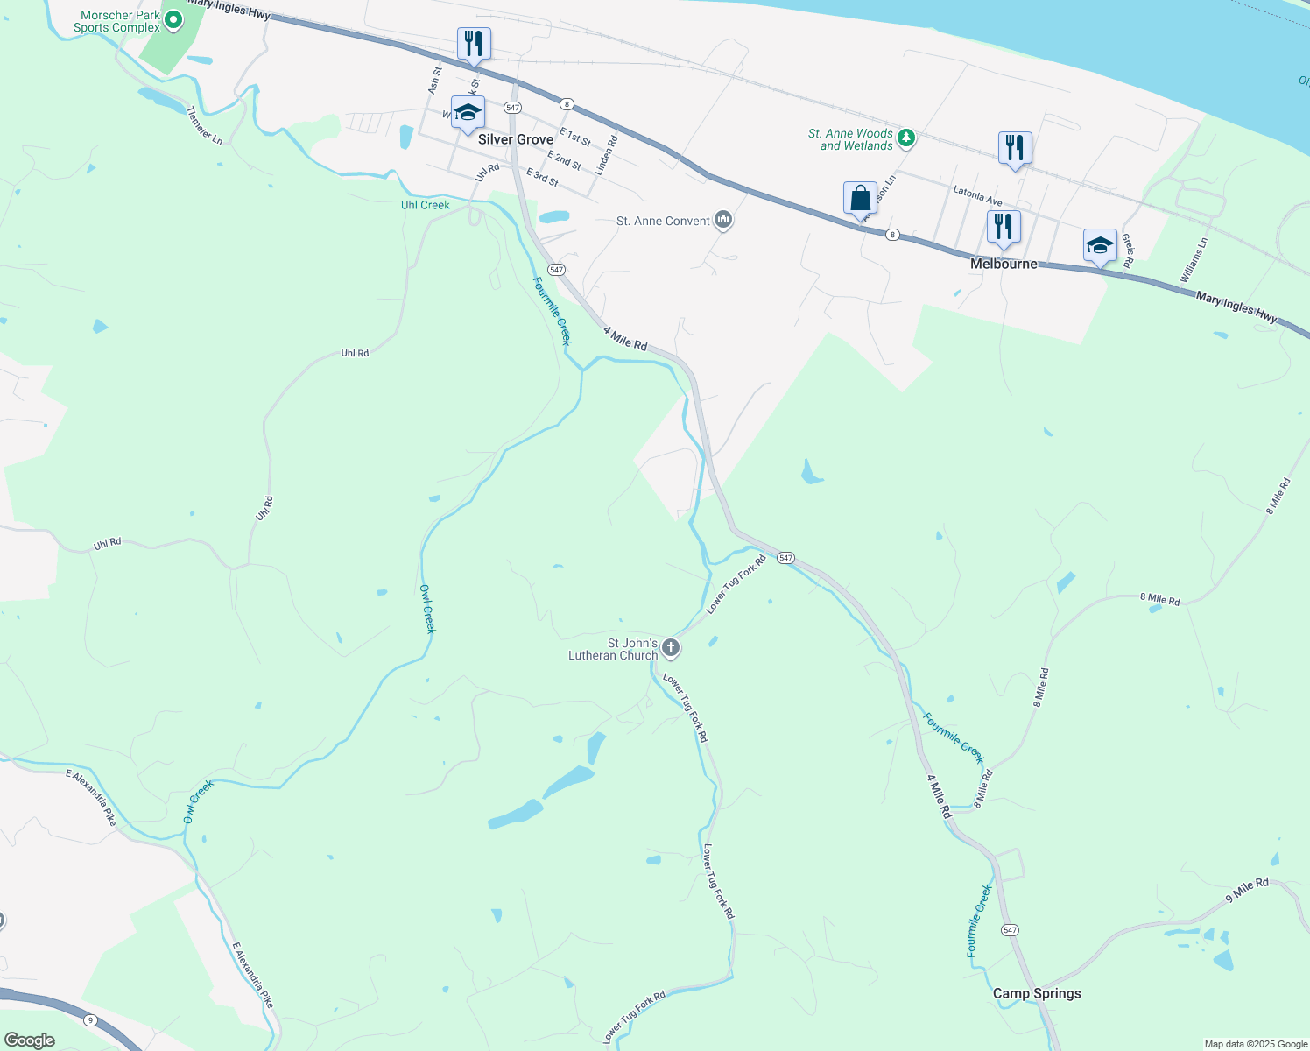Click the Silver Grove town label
(516, 139)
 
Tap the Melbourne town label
(1004, 264)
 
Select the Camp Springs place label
(1037, 993)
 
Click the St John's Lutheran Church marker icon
(671, 648)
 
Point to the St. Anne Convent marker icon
(723, 219)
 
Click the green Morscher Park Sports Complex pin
(173, 19)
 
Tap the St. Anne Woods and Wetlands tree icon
(906, 138)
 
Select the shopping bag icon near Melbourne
(860, 198)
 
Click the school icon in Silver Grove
(468, 113)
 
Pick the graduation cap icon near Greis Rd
(1100, 245)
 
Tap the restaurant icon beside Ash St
(474, 43)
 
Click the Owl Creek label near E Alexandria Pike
(199, 801)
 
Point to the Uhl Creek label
(425, 205)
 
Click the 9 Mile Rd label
(1247, 891)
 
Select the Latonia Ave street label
(977, 195)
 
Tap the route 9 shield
(89, 1020)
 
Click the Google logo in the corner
(29, 1040)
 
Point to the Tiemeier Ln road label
(205, 125)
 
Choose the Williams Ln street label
(1194, 260)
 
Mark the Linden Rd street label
(606, 154)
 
